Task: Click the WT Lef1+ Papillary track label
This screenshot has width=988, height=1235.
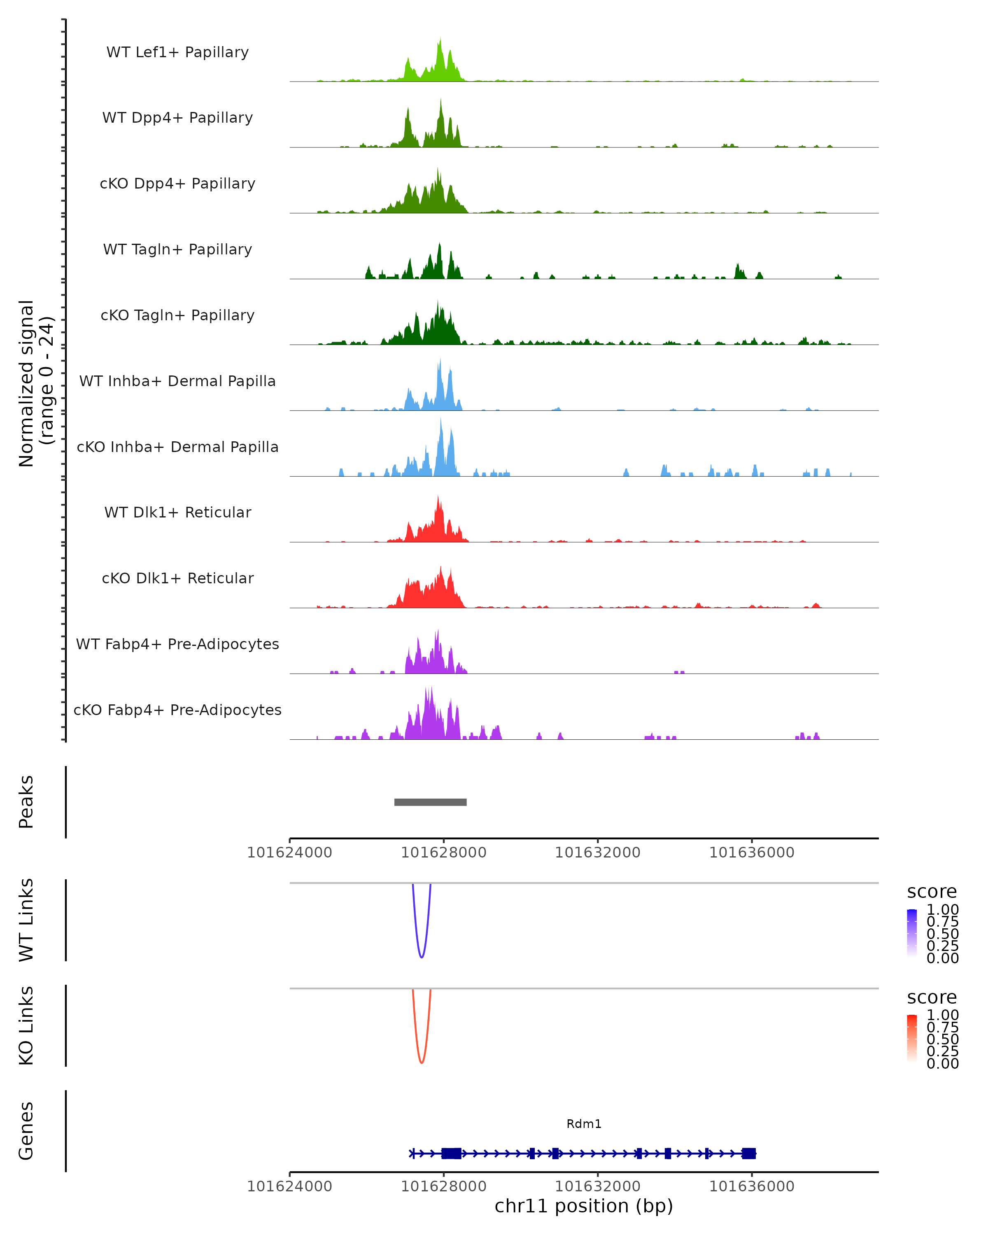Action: coord(177,52)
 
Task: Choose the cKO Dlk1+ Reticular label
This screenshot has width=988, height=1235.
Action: coord(177,578)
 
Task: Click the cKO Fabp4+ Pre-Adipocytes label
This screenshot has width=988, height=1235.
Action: coord(177,710)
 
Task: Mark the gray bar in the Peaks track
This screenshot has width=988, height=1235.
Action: coord(430,802)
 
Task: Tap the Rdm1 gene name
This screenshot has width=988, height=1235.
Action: coord(584,1124)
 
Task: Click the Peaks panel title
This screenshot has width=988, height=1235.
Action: coord(26,802)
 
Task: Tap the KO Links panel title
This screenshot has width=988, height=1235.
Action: coord(26,1025)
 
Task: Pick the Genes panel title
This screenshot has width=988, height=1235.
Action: coord(26,1131)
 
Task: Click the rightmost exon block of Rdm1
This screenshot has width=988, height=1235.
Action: coord(748,1153)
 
